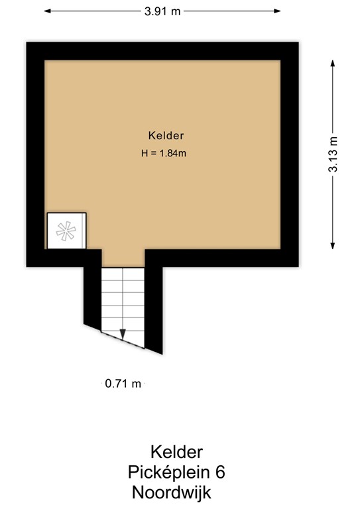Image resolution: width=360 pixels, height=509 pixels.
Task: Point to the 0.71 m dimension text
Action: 123,383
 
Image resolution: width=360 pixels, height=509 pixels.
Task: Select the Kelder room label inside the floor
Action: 166,135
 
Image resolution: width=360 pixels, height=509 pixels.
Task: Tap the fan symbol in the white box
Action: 66,231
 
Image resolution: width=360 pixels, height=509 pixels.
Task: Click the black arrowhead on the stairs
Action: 123,333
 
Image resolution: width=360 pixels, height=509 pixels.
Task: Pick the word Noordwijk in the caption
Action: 172,492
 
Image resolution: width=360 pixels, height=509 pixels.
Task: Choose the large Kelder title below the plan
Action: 176,452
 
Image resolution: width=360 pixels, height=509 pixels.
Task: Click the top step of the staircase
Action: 123,273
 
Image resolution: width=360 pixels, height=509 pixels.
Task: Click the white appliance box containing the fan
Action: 66,231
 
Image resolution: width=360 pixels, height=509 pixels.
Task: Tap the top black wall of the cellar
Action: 162,51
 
